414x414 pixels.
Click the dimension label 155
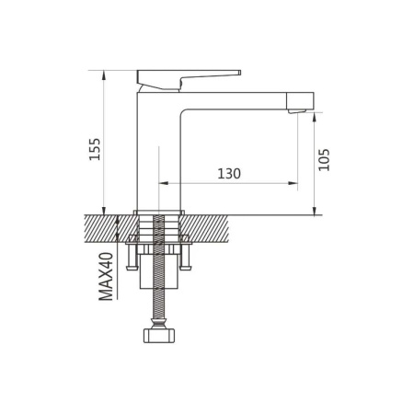(95, 149)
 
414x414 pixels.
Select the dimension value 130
(229, 174)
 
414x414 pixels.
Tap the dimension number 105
(324, 160)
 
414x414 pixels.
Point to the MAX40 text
(106, 276)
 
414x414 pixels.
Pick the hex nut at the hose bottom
(159, 335)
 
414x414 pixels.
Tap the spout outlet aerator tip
(297, 111)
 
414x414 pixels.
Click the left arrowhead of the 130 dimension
(164, 183)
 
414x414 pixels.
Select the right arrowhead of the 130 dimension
(293, 183)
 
